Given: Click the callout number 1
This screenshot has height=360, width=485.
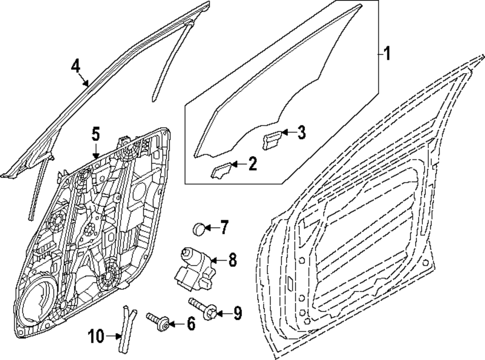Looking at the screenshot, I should pyautogui.click(x=387, y=53).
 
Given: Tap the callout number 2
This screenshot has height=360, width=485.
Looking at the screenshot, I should pyautogui.click(x=252, y=164).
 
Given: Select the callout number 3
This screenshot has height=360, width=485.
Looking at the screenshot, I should pyautogui.click(x=301, y=132).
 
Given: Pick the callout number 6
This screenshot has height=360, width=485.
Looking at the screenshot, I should pyautogui.click(x=190, y=324).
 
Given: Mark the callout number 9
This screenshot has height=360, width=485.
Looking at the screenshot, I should pyautogui.click(x=237, y=313).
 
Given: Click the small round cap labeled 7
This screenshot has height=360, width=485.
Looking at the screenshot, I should pyautogui.click(x=199, y=228).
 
